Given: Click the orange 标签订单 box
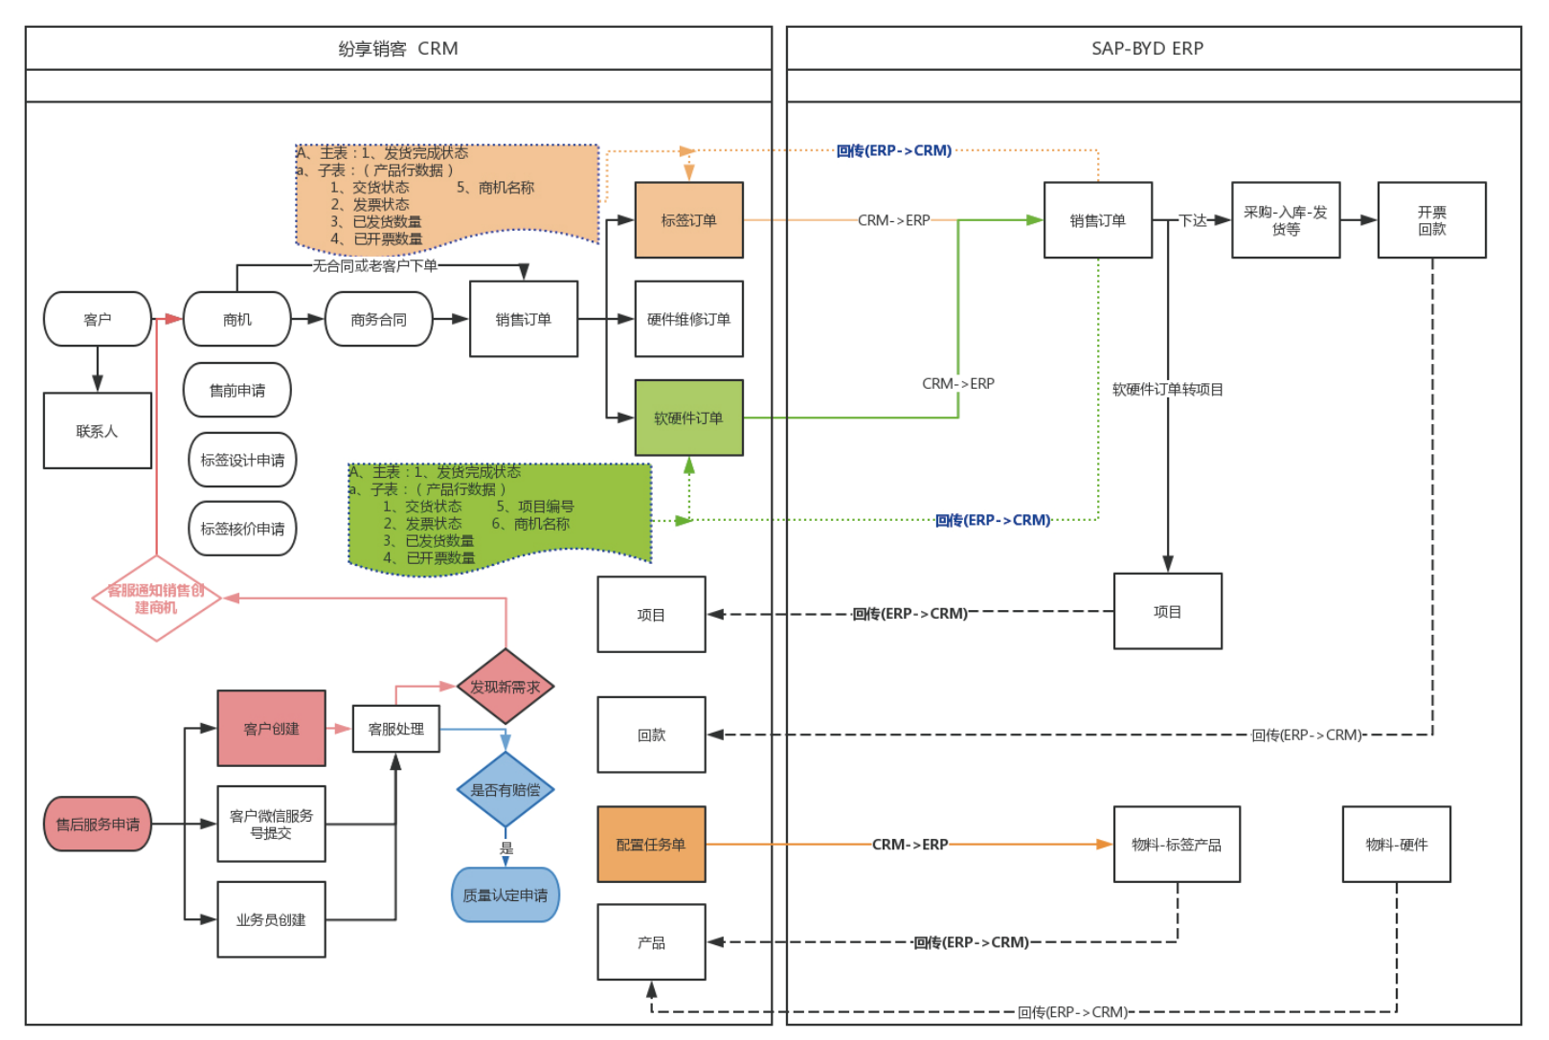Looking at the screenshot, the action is coord(688,220).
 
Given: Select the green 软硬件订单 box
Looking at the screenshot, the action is coord(688,418).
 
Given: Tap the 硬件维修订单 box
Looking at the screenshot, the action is coord(688,319).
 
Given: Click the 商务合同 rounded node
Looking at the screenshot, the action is coord(378,319).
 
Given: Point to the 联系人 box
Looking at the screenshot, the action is coord(98,431).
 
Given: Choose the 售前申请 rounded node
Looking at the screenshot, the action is coord(237,391).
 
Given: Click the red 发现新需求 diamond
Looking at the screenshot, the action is coord(505,687).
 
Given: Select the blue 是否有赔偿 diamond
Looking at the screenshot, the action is coord(505,789).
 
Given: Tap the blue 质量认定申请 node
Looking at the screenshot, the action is coord(505,894).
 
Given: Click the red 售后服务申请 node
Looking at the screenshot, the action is coord(98,825).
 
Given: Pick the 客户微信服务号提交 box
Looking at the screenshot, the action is coord(271,825).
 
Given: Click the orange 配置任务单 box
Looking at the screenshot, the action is coord(651,845).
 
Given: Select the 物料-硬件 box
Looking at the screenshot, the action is coord(1396,845).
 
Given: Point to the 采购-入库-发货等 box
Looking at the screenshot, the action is coord(1286,220).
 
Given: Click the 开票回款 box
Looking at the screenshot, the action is coord(1431,220).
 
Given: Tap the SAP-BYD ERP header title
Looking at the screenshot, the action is coord(1147,49).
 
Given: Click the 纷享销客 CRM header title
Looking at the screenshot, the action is coord(397,49).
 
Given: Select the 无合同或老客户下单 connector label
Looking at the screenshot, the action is coord(374,265).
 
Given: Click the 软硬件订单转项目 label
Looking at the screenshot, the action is coord(1167,390).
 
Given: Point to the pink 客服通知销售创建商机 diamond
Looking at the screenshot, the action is coord(156,599).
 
